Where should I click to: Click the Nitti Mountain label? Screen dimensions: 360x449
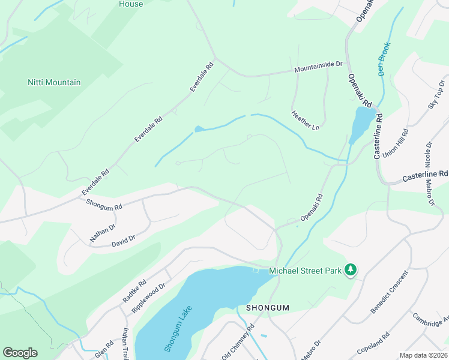(x=54, y=82)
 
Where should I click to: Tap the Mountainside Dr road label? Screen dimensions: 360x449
(x=318, y=70)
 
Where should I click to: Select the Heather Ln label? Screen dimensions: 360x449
(x=305, y=120)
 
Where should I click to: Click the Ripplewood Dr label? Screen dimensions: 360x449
(x=148, y=298)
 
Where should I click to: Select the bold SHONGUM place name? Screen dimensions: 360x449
(x=268, y=308)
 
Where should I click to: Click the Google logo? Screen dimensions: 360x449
(x=20, y=352)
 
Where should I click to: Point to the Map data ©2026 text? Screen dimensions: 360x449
(x=423, y=355)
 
